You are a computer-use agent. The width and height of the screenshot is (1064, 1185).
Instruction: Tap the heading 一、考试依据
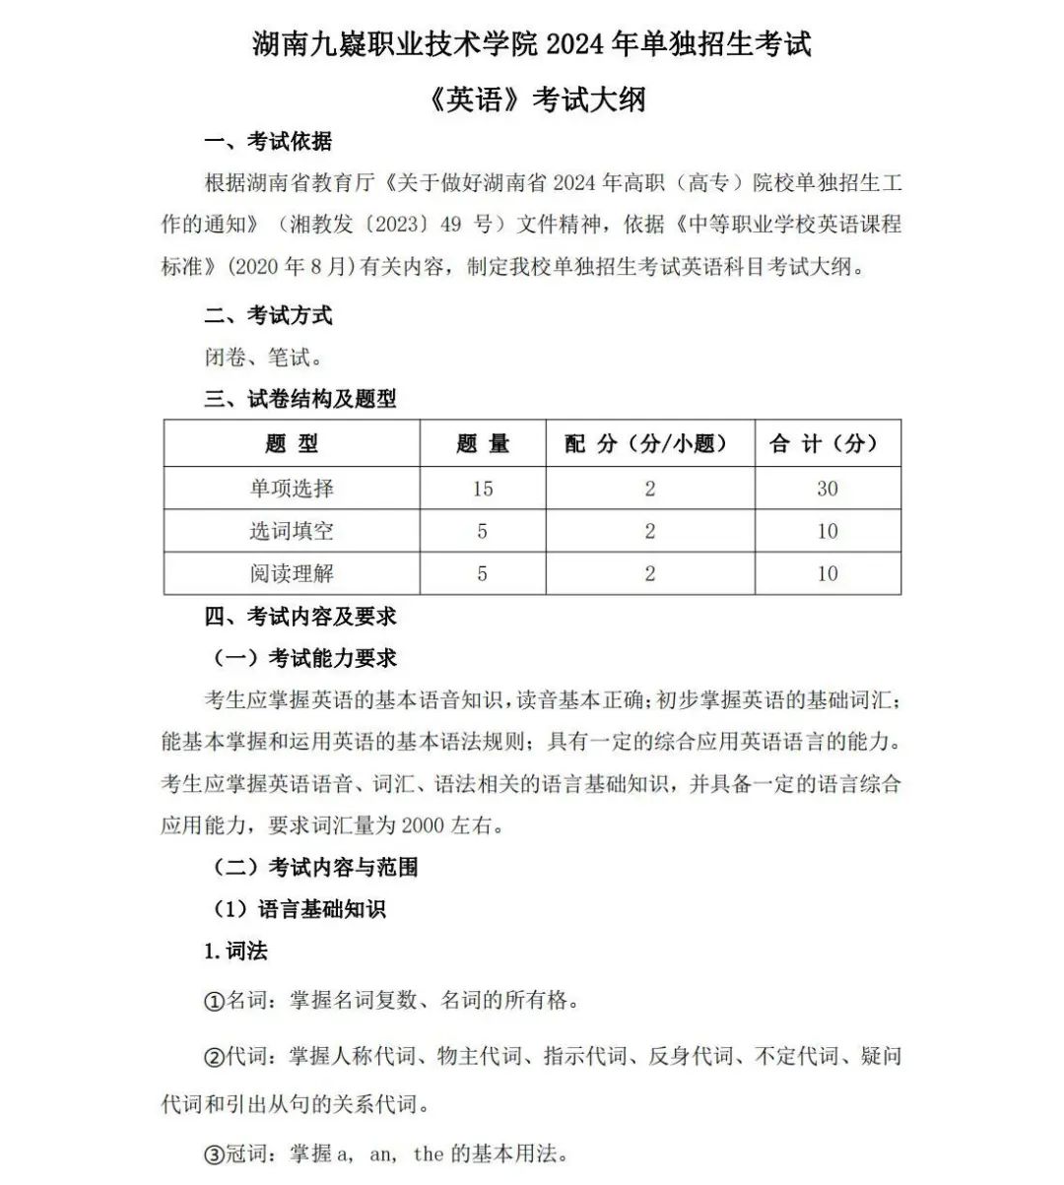pos(268,142)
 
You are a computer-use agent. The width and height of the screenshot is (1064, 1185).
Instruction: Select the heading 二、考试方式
pos(268,315)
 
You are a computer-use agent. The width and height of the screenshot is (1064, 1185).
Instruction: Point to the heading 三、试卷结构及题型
pos(299,399)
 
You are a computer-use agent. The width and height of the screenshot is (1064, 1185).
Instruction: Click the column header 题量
pos(483,444)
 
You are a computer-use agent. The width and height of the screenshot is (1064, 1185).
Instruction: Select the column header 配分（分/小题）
pos(649,444)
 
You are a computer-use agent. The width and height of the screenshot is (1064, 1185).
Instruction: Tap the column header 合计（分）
pos(828,444)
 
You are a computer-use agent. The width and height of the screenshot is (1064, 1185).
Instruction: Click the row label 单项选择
pos(292,489)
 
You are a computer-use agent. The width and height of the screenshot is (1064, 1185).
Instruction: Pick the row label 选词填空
pos(292,531)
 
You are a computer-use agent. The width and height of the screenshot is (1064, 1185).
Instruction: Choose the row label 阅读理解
pos(292,573)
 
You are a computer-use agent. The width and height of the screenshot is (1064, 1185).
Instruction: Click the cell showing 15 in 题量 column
pos(483,489)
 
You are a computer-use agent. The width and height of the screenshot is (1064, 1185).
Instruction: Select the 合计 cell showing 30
pos(828,489)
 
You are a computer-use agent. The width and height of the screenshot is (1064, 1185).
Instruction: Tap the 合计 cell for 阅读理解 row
pos(828,573)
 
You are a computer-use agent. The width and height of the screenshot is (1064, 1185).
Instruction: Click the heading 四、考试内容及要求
pos(299,617)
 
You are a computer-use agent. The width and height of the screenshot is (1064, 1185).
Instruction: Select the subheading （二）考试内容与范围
pos(315,867)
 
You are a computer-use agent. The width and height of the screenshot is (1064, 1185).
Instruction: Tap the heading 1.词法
pos(235,951)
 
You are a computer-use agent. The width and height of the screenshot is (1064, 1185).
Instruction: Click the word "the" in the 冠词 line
pos(428,1153)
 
